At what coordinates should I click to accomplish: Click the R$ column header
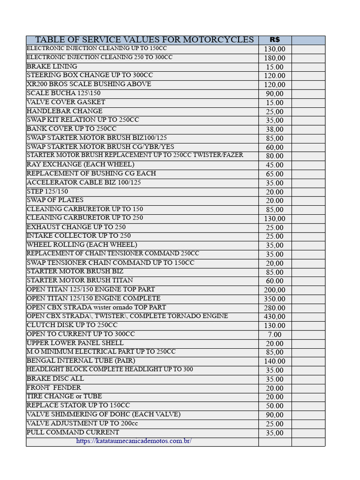(x=275, y=40)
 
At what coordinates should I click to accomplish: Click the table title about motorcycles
(x=144, y=40)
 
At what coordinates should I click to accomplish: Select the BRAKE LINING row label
(x=52, y=67)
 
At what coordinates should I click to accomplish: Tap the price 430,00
(x=275, y=317)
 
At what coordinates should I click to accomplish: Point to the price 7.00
(x=275, y=335)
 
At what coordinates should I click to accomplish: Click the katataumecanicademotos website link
(x=134, y=441)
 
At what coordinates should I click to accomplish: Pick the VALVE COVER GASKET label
(x=66, y=102)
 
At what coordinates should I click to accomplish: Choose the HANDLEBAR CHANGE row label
(x=64, y=111)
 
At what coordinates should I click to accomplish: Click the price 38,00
(x=275, y=129)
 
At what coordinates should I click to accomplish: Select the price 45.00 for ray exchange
(x=275, y=165)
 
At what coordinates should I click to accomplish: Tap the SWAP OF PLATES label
(x=55, y=200)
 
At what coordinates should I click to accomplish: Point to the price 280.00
(x=275, y=308)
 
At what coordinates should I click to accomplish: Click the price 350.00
(x=275, y=299)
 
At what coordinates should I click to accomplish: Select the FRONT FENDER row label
(x=54, y=388)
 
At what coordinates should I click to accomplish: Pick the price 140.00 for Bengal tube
(x=275, y=361)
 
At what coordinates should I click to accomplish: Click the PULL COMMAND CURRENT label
(x=73, y=432)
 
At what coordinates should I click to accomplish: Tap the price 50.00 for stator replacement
(x=275, y=406)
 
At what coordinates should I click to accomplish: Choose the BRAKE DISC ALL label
(x=55, y=379)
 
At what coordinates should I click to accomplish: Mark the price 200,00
(x=275, y=290)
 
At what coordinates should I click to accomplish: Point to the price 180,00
(x=275, y=58)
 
